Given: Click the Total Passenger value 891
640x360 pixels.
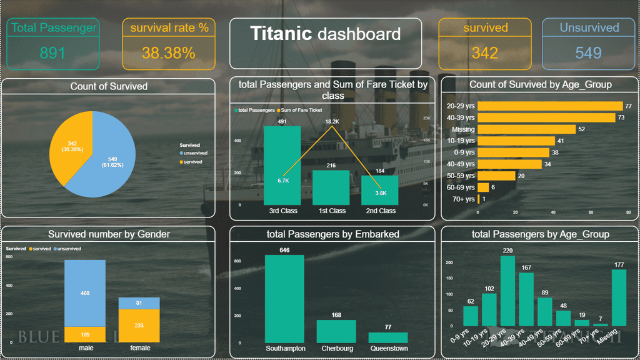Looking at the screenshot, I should [52, 53].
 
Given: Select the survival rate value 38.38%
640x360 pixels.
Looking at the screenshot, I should [169, 53].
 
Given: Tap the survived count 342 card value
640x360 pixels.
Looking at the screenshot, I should [485, 53].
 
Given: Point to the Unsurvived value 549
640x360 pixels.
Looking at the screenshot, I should [589, 53].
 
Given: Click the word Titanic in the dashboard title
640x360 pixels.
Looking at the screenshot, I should [281, 34].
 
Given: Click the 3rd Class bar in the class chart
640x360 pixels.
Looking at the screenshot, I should [282, 166].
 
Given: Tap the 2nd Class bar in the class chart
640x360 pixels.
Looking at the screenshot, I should [379, 191].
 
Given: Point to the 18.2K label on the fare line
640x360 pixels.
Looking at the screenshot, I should [332, 121].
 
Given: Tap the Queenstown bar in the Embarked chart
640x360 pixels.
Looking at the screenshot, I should [387, 337].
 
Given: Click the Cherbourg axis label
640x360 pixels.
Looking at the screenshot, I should [336, 349].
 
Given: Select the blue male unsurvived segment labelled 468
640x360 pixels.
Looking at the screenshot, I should [84, 292].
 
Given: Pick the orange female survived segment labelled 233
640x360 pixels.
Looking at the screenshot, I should [139, 326].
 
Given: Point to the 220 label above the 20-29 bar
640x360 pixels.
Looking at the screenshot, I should [507, 251].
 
